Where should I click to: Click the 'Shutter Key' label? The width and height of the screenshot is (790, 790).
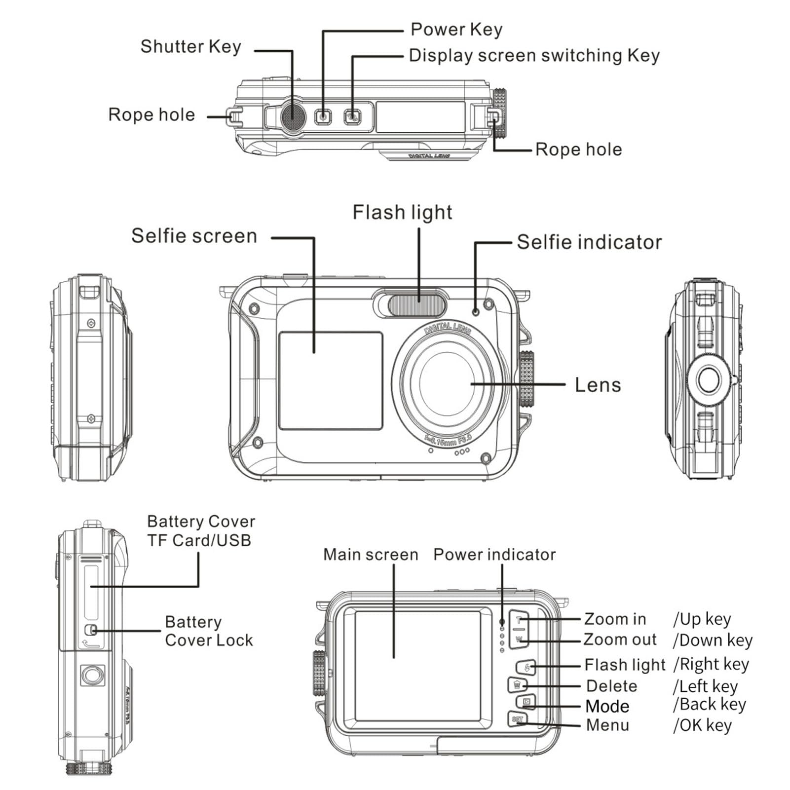pos(190,47)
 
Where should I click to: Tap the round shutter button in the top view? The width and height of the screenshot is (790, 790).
pos(293,116)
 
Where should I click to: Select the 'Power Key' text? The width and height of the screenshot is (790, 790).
pos(456,30)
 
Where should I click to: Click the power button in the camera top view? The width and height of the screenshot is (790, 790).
pos(323,117)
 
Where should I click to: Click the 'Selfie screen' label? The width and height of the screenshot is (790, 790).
pos(194,236)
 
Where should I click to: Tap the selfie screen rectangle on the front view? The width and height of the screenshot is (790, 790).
pos(331,380)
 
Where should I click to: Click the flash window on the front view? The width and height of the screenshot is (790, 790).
pos(417,304)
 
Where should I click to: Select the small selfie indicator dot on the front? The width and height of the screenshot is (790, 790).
pos(476,312)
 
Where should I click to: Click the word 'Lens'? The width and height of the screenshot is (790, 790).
pos(598,385)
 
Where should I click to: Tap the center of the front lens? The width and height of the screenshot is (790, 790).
pos(447,384)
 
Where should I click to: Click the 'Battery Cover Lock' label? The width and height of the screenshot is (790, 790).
pos(208,631)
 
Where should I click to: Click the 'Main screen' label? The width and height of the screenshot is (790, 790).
pos(371,555)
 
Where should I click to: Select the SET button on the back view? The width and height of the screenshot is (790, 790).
pos(517,719)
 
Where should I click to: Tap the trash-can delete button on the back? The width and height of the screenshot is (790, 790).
pos(517,685)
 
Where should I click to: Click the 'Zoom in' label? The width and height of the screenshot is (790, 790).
pos(615,619)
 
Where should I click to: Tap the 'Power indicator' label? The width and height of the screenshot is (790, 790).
pos(494,555)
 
